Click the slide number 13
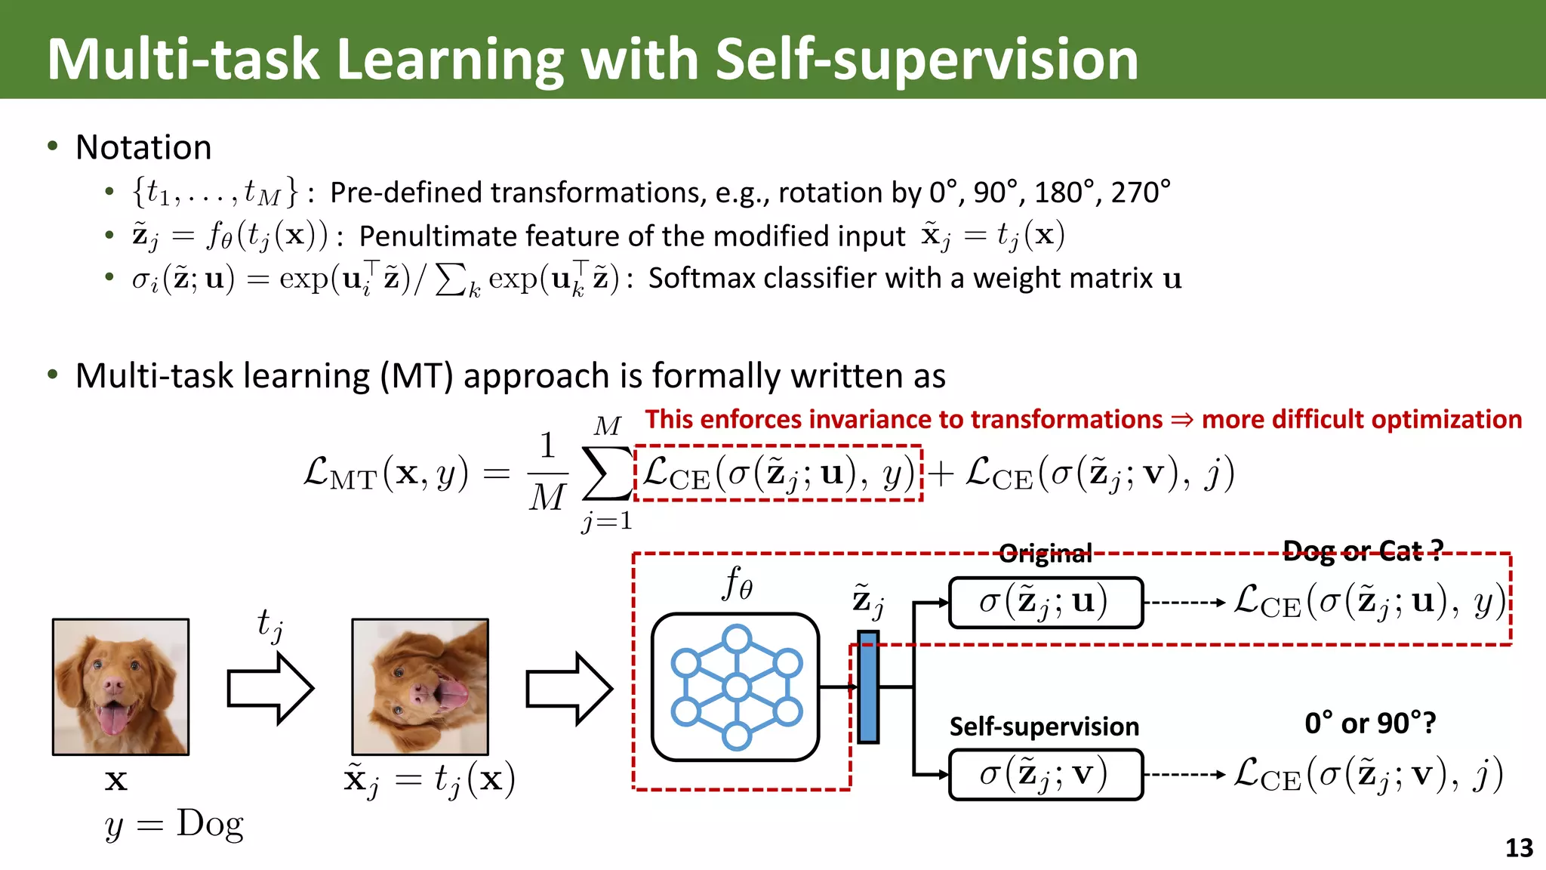pos(1519,848)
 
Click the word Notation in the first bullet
pos(143,147)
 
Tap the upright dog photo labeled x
pos(121,686)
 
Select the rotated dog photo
pos(420,686)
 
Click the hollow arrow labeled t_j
pos(269,688)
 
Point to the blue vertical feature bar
pos(868,687)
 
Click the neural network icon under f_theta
pos(735,687)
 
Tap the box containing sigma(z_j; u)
pos(1046,602)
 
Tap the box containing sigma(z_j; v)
pos(1046,774)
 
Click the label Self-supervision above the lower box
pos(1044,727)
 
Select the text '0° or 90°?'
pos(1370,723)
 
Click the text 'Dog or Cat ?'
pos(1363,551)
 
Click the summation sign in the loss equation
pos(606,474)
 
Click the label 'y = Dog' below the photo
pos(174,824)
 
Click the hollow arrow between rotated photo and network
pos(568,688)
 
